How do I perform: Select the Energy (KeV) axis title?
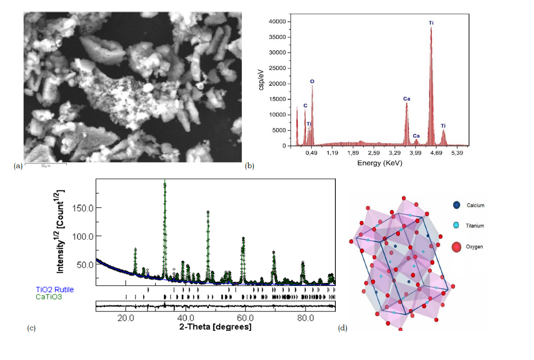379,163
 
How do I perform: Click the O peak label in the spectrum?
312,81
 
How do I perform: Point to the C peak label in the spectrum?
305,106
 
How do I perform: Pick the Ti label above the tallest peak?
431,23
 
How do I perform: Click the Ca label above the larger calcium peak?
407,99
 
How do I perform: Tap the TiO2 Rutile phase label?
55,290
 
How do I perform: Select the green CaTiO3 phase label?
49,297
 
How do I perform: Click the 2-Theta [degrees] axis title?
215,327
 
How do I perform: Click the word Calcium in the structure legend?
475,205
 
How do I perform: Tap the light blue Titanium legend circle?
457,226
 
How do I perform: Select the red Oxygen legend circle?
457,246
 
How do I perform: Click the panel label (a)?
18,165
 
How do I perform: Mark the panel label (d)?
342,328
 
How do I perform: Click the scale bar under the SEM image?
45,164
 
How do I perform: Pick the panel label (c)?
31,328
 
